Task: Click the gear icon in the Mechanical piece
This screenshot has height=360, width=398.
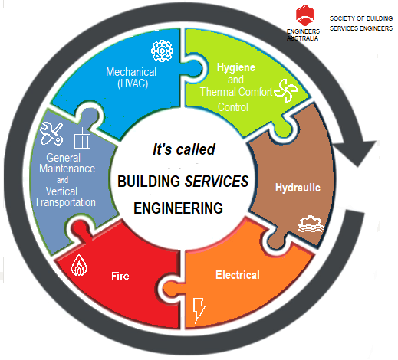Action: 162,51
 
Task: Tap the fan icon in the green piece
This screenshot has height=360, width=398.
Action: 286,90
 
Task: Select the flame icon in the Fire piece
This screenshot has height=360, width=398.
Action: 79,265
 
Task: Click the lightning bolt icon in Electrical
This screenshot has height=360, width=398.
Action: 199,310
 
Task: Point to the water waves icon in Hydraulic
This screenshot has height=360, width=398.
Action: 311,224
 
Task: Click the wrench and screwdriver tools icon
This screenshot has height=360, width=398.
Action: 51,133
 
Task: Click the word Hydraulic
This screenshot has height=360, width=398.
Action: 298,188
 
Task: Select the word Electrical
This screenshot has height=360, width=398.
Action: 238,275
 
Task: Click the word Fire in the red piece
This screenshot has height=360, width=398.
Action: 120,276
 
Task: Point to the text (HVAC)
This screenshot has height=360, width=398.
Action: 133,83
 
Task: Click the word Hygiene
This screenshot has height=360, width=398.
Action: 236,67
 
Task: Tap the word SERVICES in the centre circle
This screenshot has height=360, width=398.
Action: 217,182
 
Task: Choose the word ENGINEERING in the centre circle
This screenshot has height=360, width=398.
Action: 178,208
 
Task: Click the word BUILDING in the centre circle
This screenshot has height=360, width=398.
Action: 149,182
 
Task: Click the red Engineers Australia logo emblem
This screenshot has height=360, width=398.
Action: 304,15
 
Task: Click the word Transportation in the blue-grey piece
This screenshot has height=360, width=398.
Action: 65,202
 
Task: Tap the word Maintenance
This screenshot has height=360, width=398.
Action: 67,169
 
